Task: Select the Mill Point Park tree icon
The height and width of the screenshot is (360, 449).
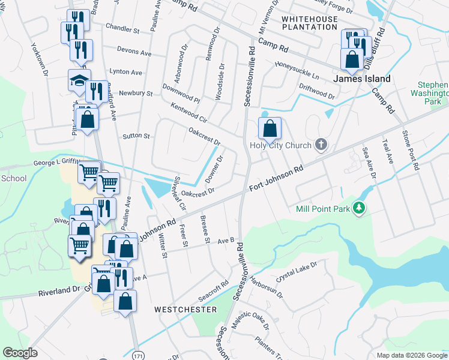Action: [x=360, y=208]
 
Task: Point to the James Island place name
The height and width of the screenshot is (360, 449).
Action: [x=361, y=79]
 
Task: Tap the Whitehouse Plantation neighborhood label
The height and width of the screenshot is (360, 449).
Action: [x=309, y=23]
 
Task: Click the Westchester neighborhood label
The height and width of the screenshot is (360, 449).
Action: [x=185, y=310]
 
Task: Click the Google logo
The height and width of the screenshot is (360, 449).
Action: [x=20, y=353]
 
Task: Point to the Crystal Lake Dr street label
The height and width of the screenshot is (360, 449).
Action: [x=297, y=271]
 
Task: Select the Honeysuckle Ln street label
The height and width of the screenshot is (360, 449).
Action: [x=297, y=69]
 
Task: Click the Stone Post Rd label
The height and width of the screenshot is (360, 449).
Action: [x=410, y=150]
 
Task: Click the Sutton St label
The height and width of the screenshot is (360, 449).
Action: [x=136, y=136]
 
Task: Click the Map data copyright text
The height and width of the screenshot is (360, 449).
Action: [x=411, y=355]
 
